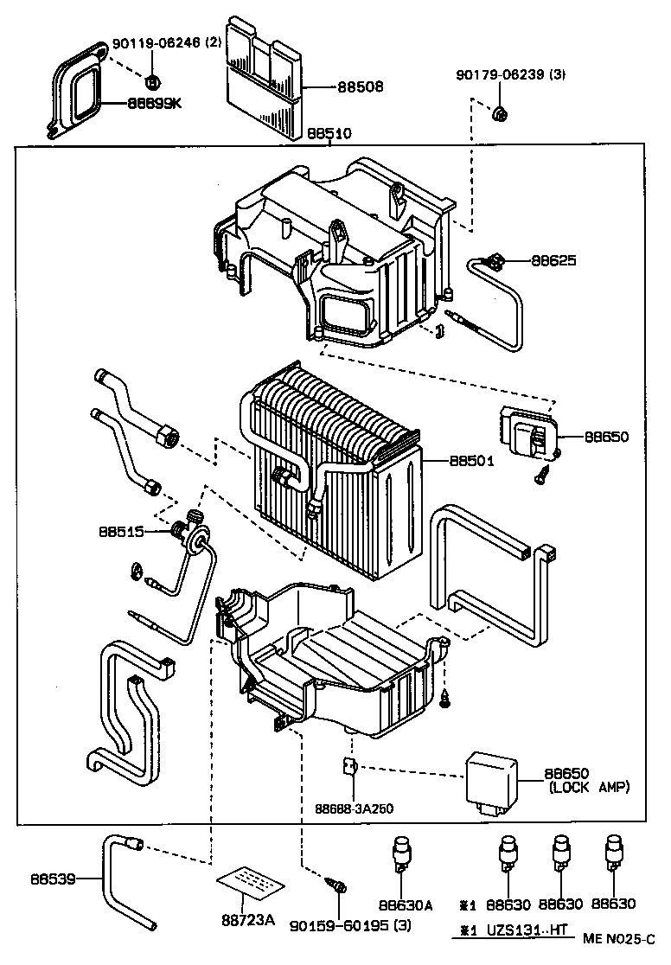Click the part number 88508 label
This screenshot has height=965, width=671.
pyautogui.click(x=361, y=87)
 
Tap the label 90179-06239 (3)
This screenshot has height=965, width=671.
pyautogui.click(x=511, y=75)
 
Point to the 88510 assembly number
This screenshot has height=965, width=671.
pyautogui.click(x=329, y=134)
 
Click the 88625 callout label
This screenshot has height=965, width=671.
pyautogui.click(x=554, y=260)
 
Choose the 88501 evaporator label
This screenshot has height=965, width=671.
pyautogui.click(x=471, y=461)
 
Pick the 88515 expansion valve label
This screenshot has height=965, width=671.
pyautogui.click(x=120, y=533)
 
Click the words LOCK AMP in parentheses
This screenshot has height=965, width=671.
pyautogui.click(x=590, y=787)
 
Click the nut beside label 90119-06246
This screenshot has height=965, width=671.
pyautogui.click(x=152, y=82)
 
